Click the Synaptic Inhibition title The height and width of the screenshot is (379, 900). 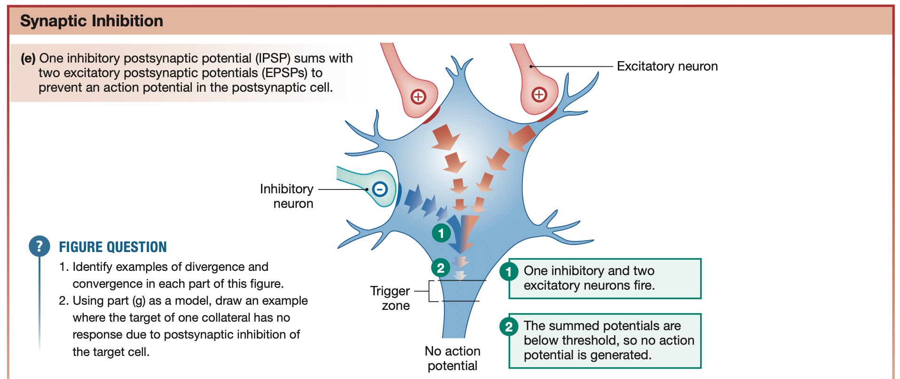91,21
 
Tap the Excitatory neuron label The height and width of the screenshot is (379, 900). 667,66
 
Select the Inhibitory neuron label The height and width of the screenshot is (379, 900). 287,196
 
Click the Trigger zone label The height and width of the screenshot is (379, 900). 390,298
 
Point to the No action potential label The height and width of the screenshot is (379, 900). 452,358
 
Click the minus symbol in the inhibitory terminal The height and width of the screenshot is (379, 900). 379,189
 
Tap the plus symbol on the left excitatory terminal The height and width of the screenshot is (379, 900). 418,97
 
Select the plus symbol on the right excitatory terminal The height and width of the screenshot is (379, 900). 539,95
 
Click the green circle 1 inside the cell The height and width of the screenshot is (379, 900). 441,233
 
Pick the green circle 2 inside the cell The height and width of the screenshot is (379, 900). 441,268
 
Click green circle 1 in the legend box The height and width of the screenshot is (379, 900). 509,271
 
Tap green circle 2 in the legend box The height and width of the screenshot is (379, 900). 509,326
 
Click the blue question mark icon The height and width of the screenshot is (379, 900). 39,246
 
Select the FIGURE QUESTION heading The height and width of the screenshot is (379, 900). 113,247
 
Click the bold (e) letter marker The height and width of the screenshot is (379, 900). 28,58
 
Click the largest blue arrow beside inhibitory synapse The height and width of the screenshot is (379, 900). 413,199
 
